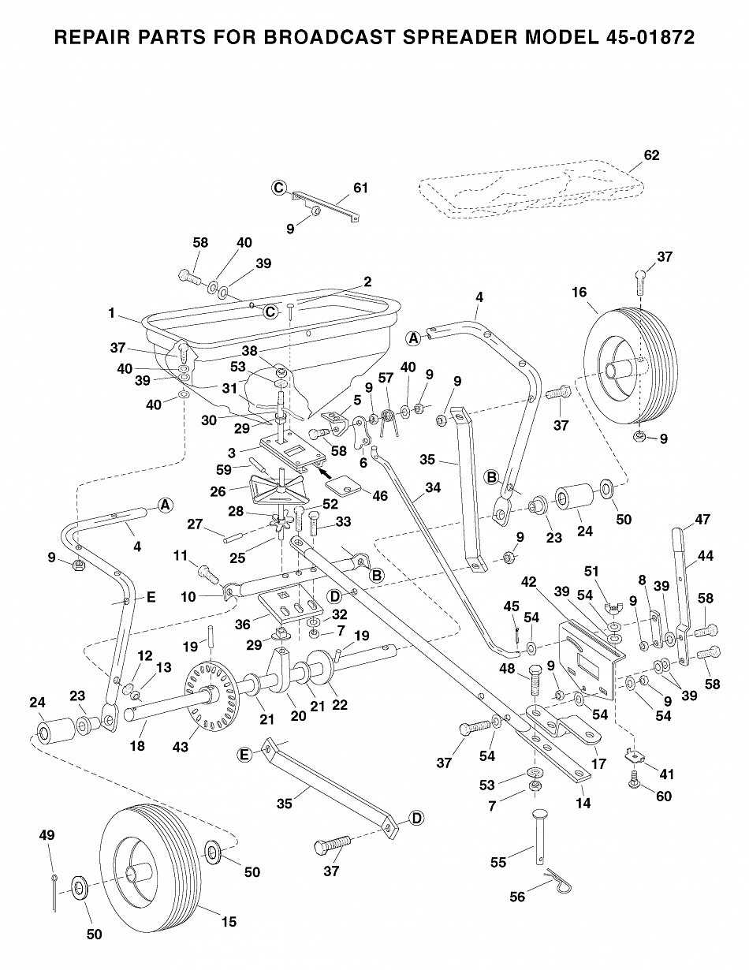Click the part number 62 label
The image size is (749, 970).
point(651,155)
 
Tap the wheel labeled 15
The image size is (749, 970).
point(150,867)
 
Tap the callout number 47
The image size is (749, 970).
point(702,520)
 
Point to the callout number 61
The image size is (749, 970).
point(360,188)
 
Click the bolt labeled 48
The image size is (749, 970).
point(533,677)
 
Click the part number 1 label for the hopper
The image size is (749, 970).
point(113,313)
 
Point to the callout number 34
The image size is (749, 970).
point(432,487)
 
